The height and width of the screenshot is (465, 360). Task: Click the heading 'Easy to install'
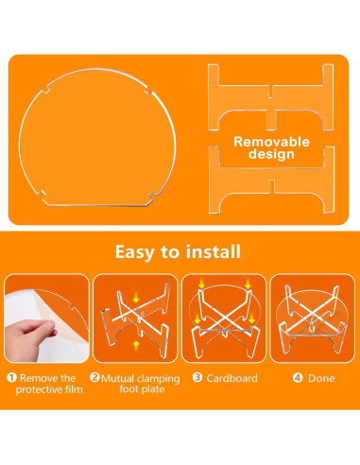coord(179,251)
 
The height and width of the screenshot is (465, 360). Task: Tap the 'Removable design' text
coord(272,147)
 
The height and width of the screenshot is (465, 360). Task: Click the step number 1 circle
coord(12,378)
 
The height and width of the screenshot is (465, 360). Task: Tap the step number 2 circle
coord(95,378)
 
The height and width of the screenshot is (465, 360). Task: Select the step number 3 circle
coord(197,378)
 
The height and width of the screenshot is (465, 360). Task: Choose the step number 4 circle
coord(297,378)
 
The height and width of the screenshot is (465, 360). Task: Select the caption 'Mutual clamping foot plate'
coord(136,384)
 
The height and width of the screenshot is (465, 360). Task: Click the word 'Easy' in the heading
coord(137,251)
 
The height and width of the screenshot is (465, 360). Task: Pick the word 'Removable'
coord(272,141)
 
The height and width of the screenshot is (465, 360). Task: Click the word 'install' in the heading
coord(214,251)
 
